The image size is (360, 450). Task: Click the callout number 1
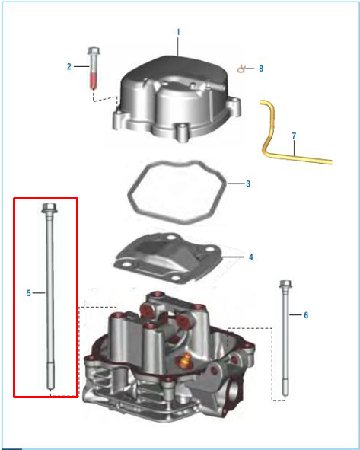click(x=178, y=32)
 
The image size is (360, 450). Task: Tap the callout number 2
click(x=68, y=66)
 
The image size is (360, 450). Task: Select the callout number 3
click(x=248, y=184)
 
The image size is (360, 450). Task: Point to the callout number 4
click(x=251, y=257)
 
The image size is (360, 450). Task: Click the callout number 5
click(x=29, y=293)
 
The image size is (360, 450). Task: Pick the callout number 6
click(x=306, y=315)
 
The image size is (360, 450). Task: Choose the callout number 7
click(x=294, y=136)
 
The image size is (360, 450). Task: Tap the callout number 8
click(x=261, y=69)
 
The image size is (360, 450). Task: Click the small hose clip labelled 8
click(x=241, y=69)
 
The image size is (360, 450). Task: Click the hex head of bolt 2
click(x=93, y=51)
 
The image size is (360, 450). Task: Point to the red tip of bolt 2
click(x=94, y=81)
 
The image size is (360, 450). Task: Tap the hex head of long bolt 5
click(x=49, y=208)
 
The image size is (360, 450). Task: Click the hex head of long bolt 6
click(x=285, y=284)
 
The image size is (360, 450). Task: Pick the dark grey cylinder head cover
click(x=177, y=97)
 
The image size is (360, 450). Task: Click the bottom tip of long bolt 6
click(x=285, y=395)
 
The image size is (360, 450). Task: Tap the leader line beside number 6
click(x=295, y=315)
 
